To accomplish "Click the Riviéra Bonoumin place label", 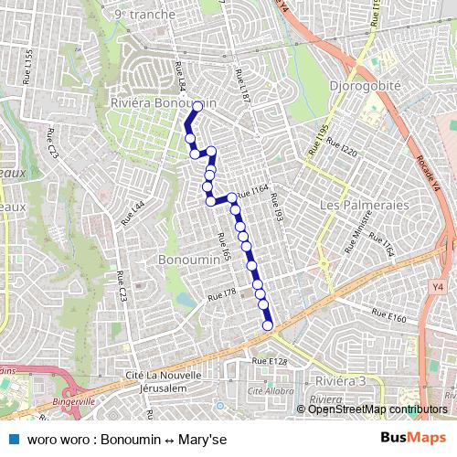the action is (x=163, y=103).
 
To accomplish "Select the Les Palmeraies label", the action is (x=364, y=205).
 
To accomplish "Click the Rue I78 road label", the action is (x=222, y=292).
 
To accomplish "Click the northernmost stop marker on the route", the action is (x=197, y=107).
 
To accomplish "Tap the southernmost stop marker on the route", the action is (x=268, y=325).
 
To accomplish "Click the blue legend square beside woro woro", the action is (x=12, y=438).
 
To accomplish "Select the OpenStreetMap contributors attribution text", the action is (x=377, y=409).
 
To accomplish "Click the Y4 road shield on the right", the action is (x=438, y=286).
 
